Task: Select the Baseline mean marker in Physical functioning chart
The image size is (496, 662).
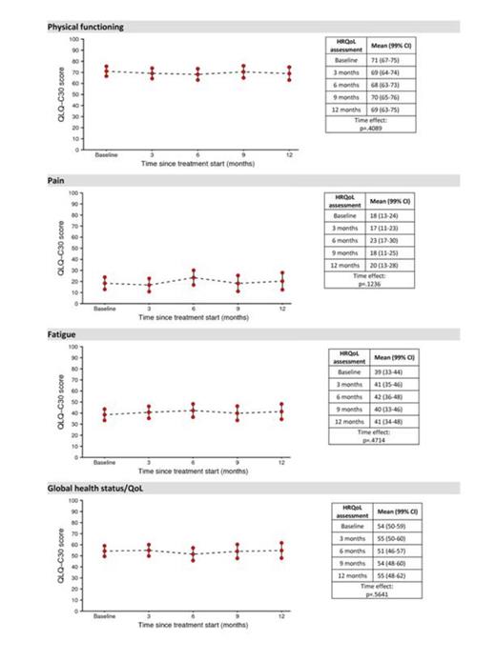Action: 106,72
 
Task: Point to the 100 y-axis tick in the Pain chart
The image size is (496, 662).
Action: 73,193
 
